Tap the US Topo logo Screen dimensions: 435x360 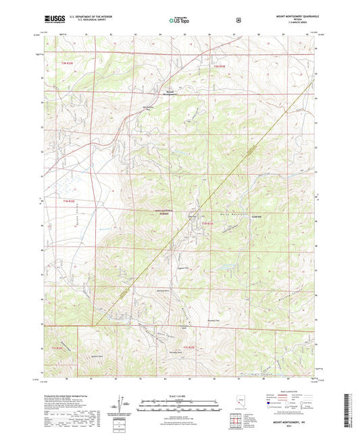click(179, 20)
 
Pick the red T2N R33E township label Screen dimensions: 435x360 click(213, 66)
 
